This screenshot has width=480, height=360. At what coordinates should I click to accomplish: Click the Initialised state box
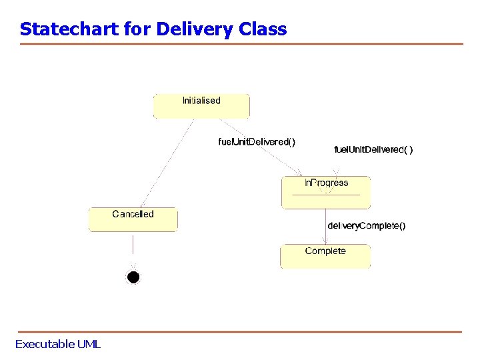[x=201, y=106]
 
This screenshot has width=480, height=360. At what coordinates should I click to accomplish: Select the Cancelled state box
[x=133, y=219]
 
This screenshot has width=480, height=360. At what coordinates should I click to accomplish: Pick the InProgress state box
[x=326, y=192]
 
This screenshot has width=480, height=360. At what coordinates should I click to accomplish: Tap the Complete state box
[x=325, y=256]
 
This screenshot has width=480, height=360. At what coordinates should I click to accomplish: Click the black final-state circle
[x=133, y=277]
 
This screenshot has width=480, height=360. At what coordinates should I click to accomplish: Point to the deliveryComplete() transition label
[x=366, y=226]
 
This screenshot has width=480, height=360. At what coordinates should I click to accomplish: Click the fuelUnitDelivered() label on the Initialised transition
[x=257, y=141]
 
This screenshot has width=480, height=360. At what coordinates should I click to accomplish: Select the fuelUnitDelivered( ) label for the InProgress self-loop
[x=373, y=150]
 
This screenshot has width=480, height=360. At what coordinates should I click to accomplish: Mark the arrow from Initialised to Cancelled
[x=167, y=163]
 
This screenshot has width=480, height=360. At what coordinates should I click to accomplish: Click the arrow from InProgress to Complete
[x=325, y=227]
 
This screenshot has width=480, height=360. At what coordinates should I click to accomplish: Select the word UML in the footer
[x=89, y=344]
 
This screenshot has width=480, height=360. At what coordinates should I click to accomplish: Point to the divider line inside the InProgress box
[x=326, y=195]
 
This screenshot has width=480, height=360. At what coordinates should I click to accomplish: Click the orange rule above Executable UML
[x=240, y=331]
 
